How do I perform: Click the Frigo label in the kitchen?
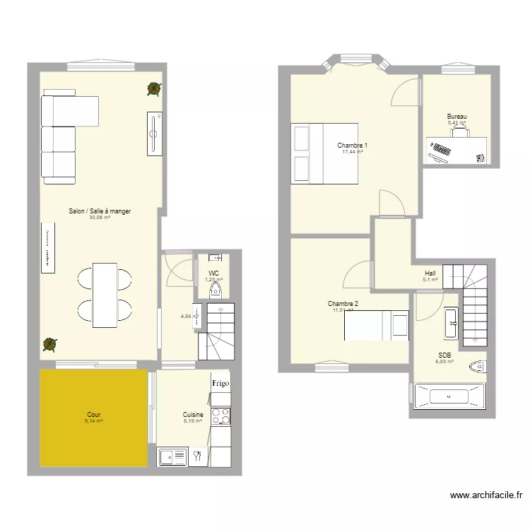(220, 383)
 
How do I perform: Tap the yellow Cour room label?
(93, 415)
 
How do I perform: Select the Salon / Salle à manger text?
(99, 211)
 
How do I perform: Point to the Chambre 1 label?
(352, 145)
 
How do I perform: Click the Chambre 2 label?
(343, 304)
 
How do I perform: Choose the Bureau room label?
(457, 117)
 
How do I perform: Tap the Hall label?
(430, 273)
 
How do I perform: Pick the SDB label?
(444, 355)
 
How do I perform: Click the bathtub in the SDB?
(449, 396)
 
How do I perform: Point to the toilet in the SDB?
(480, 366)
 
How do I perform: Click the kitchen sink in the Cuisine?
(172, 457)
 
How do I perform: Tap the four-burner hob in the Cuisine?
(220, 417)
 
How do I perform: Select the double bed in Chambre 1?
(324, 153)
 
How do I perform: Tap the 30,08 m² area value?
(99, 218)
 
